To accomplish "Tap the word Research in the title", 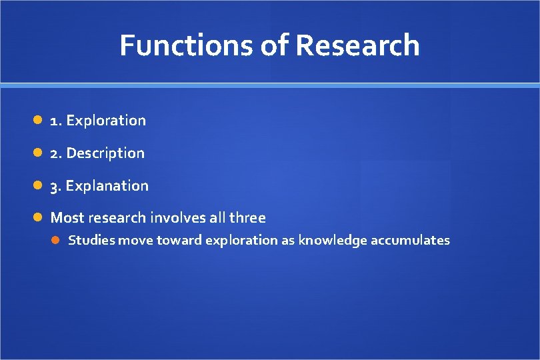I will pos(357,45).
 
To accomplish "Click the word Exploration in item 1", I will pos(106,121).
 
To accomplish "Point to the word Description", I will pos(105,153).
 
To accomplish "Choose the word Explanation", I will pos(107,186).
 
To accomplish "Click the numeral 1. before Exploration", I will pos(56,121).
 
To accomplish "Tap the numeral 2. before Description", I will pos(57,153).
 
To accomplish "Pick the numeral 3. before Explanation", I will pos(57,186).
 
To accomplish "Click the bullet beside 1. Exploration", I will pos(39,121).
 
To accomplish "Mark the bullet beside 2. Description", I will pos(39,153).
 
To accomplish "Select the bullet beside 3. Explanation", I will pos(39,185).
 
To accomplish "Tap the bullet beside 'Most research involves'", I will pos(39,217).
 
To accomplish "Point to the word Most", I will pos(65,218).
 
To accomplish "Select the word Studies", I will pos(91,241).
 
